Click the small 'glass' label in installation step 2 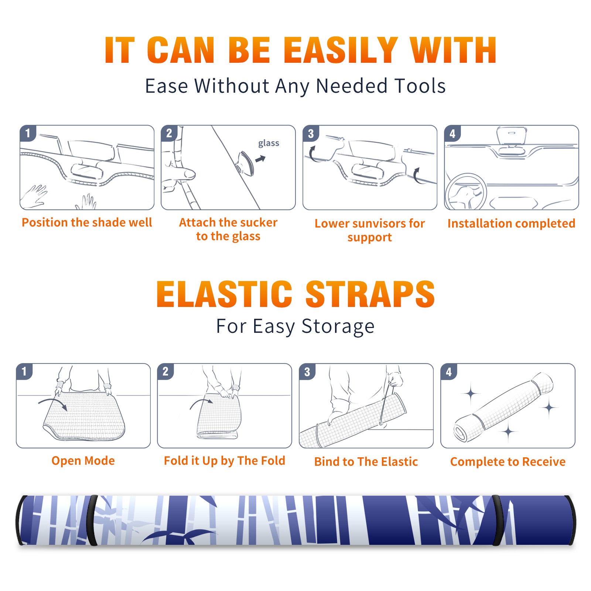[x=269, y=143]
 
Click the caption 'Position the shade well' [x=87, y=222]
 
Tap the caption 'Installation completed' [x=511, y=223]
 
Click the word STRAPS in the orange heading [x=370, y=294]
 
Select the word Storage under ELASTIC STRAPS [x=338, y=327]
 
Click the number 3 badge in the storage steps [x=307, y=372]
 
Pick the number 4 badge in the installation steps [x=452, y=133]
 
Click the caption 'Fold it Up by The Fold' [x=225, y=461]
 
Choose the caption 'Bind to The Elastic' [x=366, y=462]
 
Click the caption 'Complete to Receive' [x=508, y=462]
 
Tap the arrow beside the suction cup [x=260, y=159]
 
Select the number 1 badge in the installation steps [x=28, y=133]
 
